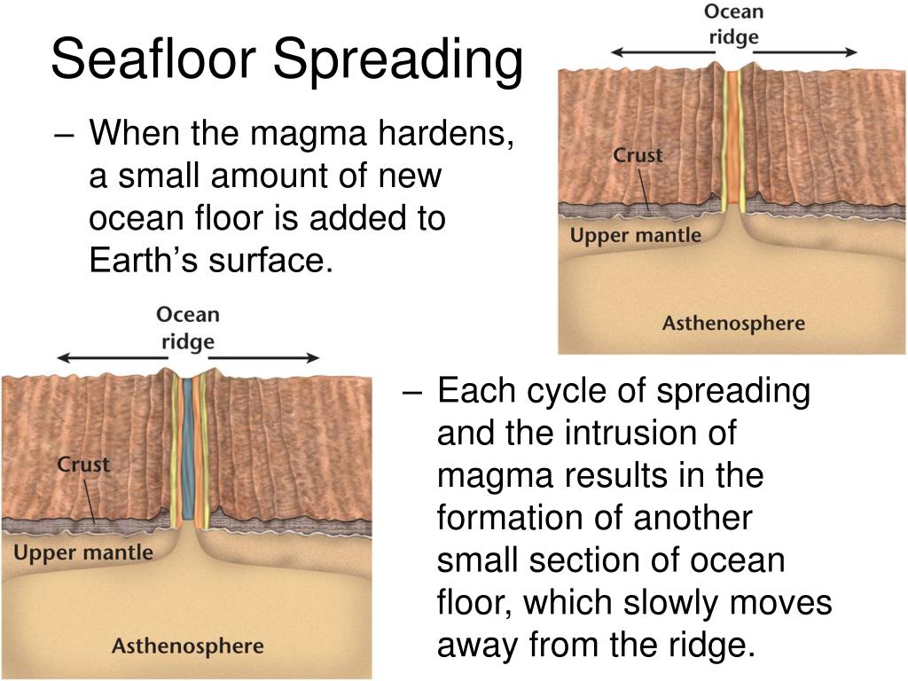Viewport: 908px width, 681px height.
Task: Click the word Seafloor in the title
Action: pyautogui.click(x=154, y=59)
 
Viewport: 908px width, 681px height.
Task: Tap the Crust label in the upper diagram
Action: pyautogui.click(x=638, y=155)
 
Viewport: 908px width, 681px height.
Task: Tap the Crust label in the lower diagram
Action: pyautogui.click(x=83, y=465)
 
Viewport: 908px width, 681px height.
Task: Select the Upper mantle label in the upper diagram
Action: pyautogui.click(x=635, y=236)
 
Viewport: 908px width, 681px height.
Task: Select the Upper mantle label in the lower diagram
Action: pyautogui.click(x=83, y=552)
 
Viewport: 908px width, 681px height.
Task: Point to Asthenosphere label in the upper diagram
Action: pyautogui.click(x=733, y=323)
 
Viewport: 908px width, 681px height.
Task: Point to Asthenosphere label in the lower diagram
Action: pyautogui.click(x=188, y=646)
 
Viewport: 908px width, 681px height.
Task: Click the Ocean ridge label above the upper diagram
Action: pyautogui.click(x=733, y=24)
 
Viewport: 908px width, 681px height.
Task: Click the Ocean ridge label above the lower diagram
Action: pyautogui.click(x=188, y=328)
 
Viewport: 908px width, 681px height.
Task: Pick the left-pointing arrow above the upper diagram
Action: pyautogui.click(x=663, y=52)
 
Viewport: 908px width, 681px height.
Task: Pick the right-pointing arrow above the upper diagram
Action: pyautogui.click(x=805, y=52)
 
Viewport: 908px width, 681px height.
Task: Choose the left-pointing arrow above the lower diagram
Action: pyautogui.click(x=113, y=358)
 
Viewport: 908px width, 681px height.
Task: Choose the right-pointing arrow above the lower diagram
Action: pyautogui.click(x=264, y=358)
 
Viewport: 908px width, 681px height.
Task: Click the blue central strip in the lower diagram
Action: pyautogui.click(x=188, y=449)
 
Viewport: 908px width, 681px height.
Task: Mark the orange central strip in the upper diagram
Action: pyautogui.click(x=734, y=137)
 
